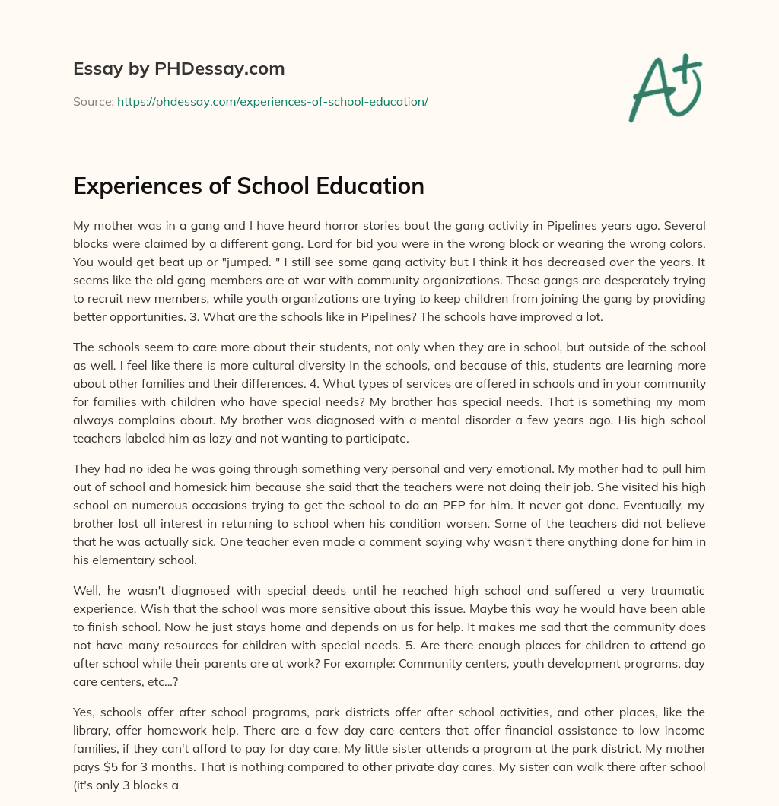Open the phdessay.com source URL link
(x=272, y=101)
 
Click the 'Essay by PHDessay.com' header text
(x=179, y=69)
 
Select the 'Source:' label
(x=93, y=101)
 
